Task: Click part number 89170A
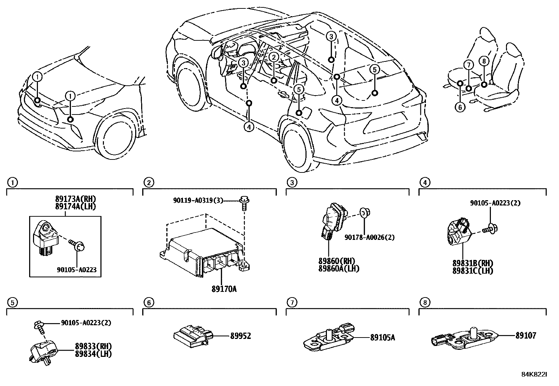(224, 289)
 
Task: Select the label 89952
(241, 336)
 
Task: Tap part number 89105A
(382, 338)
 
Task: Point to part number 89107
(526, 336)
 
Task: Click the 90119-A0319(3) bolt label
(198, 200)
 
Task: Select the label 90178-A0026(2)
(369, 237)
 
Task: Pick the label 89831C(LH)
(473, 270)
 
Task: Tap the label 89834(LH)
(93, 354)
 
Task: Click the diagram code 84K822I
(533, 374)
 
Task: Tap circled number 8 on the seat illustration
(484, 61)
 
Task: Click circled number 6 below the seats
(460, 107)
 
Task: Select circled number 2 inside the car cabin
(274, 57)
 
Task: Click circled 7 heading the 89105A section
(291, 302)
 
